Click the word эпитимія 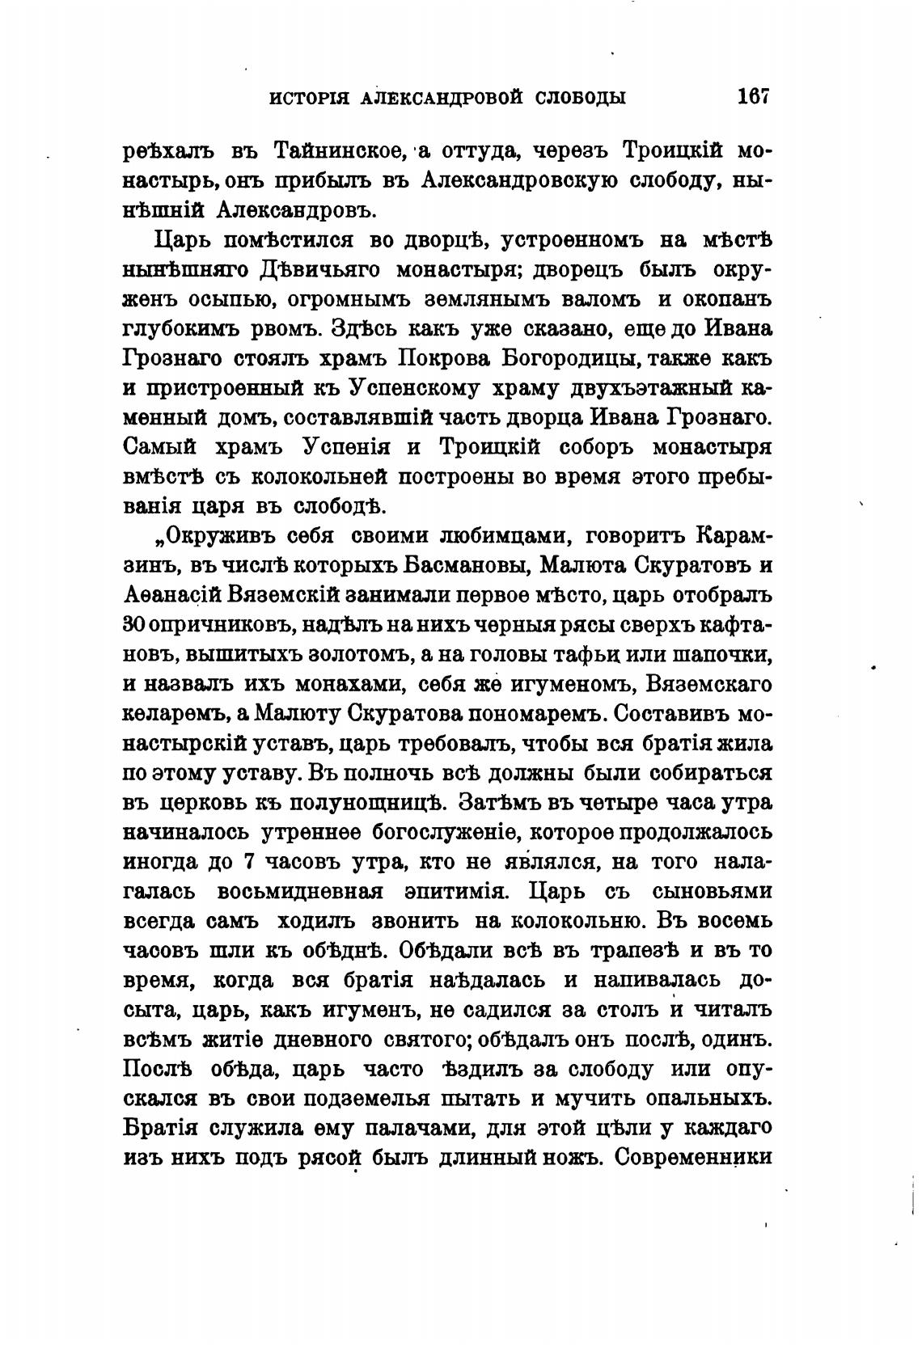(x=451, y=893)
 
